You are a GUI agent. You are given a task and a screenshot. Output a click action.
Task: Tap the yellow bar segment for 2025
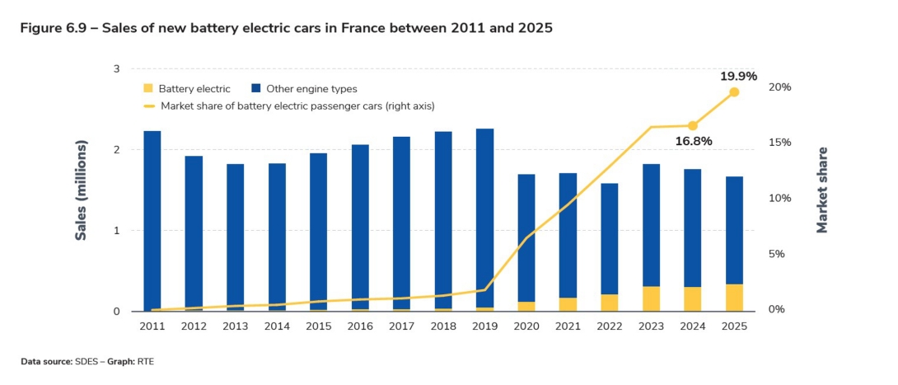coord(734,298)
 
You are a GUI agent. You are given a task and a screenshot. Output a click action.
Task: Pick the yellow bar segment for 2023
coord(651,298)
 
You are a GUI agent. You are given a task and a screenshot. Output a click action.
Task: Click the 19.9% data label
coord(738,76)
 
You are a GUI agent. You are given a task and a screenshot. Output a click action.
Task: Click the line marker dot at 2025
coord(734,92)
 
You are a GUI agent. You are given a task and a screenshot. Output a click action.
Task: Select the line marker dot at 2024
coord(693,126)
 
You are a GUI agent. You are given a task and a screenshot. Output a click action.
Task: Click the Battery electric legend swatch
coord(147,88)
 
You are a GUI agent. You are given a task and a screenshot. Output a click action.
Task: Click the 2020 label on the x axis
coord(526,326)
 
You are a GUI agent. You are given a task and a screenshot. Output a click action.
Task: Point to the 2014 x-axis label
coord(277,326)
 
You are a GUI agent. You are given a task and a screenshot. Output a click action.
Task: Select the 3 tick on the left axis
coord(117,69)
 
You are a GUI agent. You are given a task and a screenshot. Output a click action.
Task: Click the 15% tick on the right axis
coord(779,143)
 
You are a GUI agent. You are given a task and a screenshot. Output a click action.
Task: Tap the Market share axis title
coord(821,190)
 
